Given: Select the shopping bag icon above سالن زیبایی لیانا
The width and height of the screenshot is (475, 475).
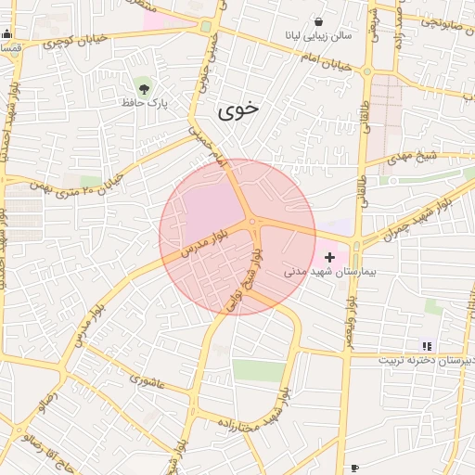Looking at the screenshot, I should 320,20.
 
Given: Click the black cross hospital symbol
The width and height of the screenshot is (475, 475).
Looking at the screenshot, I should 329,256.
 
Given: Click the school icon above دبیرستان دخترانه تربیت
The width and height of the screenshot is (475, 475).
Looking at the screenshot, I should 427,345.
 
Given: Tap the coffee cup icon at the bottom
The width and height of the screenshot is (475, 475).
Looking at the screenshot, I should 353,468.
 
